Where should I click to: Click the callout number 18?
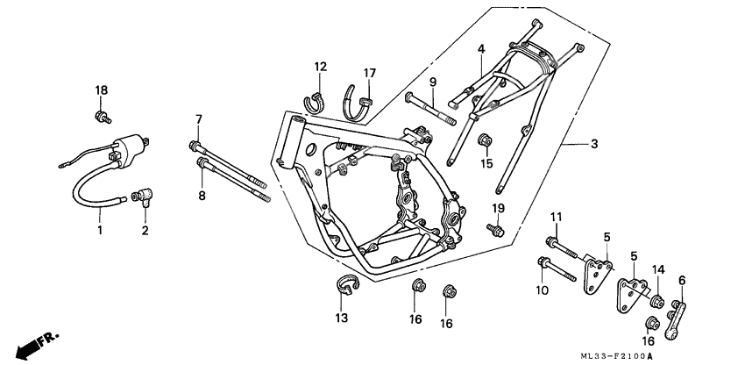[x=102, y=90]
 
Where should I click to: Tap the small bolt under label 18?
[x=102, y=116]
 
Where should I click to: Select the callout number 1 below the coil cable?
[x=100, y=231]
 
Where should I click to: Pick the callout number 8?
[x=201, y=196]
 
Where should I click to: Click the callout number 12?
[x=321, y=67]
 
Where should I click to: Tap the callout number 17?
[x=370, y=72]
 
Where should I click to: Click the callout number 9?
[x=433, y=82]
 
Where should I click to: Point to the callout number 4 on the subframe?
[x=480, y=49]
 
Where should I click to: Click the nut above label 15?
[x=483, y=140]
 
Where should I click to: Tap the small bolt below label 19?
[x=496, y=231]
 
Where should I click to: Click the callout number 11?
[x=556, y=217]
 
